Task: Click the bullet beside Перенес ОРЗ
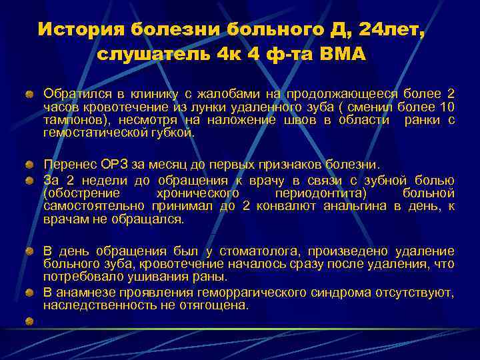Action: [30, 164]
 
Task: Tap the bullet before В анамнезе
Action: [30, 293]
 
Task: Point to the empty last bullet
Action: [30, 321]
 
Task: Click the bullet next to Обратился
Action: [30, 93]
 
